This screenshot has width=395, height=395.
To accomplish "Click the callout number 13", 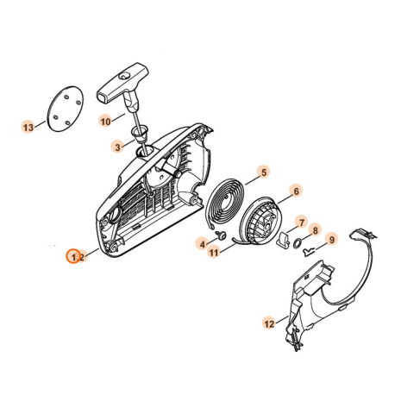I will click(x=28, y=127).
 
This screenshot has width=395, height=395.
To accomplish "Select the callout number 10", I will click(x=105, y=122).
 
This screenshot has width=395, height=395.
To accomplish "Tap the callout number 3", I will click(x=116, y=148).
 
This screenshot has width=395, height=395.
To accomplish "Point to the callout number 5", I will click(x=263, y=172).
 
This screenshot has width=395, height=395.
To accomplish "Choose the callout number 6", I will click(x=296, y=191).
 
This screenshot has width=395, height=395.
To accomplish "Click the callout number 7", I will click(x=302, y=222).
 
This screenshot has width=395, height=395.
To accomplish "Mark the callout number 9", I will click(x=331, y=239).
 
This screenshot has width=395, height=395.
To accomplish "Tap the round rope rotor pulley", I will click(x=264, y=225).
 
